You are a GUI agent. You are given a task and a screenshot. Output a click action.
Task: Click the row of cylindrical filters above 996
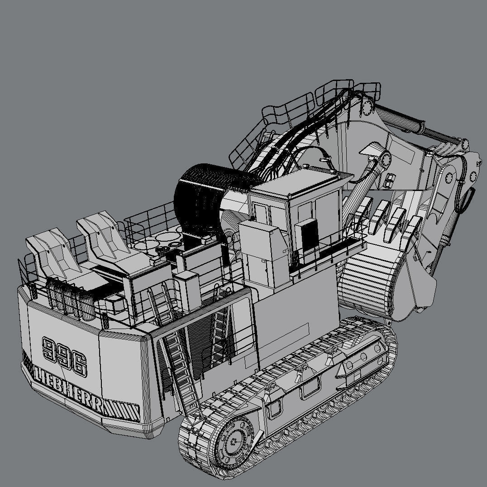(x=66, y=299)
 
